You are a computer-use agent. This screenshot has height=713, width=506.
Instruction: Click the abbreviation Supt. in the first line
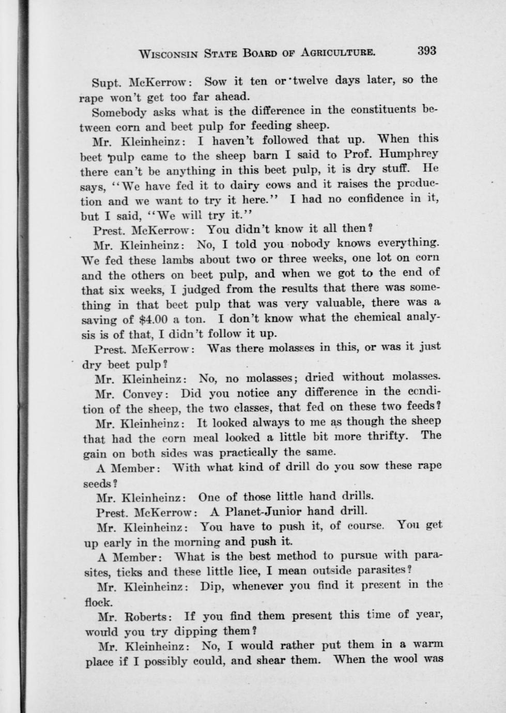(105, 83)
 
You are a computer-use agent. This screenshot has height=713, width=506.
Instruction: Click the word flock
(98, 602)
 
